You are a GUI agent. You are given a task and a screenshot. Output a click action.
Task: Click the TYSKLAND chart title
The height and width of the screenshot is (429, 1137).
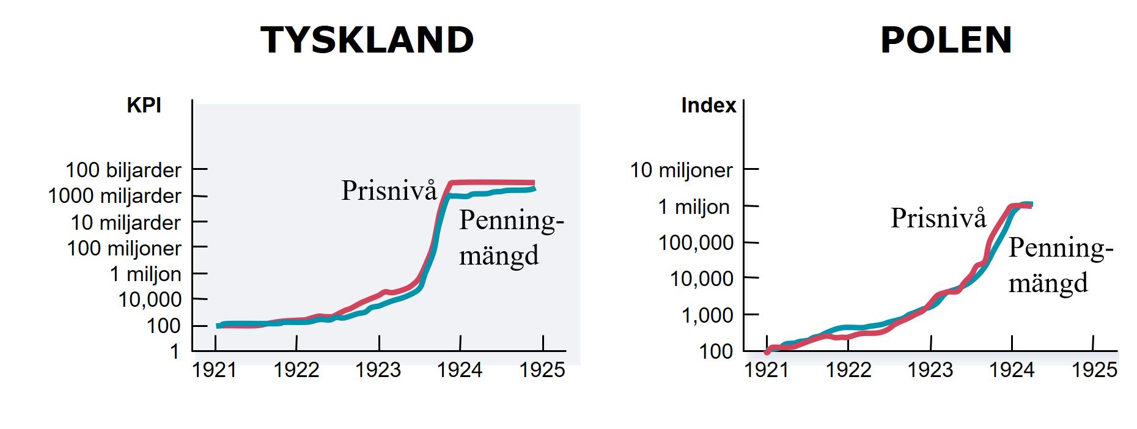pyautogui.click(x=367, y=40)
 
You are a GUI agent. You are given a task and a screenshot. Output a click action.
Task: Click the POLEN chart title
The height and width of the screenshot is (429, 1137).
pyautogui.click(x=946, y=40)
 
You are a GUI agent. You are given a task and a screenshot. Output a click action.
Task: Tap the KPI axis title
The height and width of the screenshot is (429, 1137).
pyautogui.click(x=144, y=105)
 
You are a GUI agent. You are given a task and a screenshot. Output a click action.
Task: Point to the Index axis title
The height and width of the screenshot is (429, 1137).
pyautogui.click(x=708, y=105)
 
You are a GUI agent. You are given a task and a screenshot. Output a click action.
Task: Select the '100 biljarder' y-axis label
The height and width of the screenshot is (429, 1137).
pyautogui.click(x=123, y=170)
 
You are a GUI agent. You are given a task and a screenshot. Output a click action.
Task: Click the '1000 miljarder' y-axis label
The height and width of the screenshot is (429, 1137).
pyautogui.click(x=114, y=196)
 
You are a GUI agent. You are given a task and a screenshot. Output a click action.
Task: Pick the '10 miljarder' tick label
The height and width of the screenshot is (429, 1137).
pyautogui.click(x=125, y=222)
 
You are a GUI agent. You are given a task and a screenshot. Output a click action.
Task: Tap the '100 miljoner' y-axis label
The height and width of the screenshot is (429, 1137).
pyautogui.click(x=124, y=249)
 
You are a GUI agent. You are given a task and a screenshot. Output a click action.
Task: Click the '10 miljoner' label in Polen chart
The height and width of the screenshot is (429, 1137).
pyautogui.click(x=681, y=170)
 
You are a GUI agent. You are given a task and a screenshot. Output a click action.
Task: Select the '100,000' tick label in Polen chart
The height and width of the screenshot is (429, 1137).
pyautogui.click(x=696, y=243)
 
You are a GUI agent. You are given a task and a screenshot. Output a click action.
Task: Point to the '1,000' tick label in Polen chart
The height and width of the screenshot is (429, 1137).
pyautogui.click(x=707, y=315)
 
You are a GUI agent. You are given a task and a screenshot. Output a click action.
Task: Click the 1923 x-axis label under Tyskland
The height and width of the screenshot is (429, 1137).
pyautogui.click(x=378, y=370)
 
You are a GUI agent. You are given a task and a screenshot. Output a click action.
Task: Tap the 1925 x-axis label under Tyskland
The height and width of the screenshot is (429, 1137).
pyautogui.click(x=542, y=370)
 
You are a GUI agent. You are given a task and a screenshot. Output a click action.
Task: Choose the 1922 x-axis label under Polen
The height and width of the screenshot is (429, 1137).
pyautogui.click(x=848, y=370)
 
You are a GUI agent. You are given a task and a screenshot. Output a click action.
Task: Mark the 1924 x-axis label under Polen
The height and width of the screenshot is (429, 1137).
pyautogui.click(x=1012, y=370)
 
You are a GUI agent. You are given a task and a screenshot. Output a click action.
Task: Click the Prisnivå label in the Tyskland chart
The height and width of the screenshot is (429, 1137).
pyautogui.click(x=389, y=191)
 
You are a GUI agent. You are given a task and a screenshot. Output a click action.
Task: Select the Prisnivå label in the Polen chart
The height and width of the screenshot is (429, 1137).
pyautogui.click(x=938, y=218)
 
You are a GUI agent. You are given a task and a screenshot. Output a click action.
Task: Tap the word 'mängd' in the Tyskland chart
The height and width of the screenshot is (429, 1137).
pyautogui.click(x=499, y=255)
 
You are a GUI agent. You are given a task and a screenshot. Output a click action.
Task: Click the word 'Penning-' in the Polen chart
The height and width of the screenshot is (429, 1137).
pyautogui.click(x=1061, y=248)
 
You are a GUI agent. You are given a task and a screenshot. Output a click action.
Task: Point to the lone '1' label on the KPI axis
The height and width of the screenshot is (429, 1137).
pyautogui.click(x=175, y=351)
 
